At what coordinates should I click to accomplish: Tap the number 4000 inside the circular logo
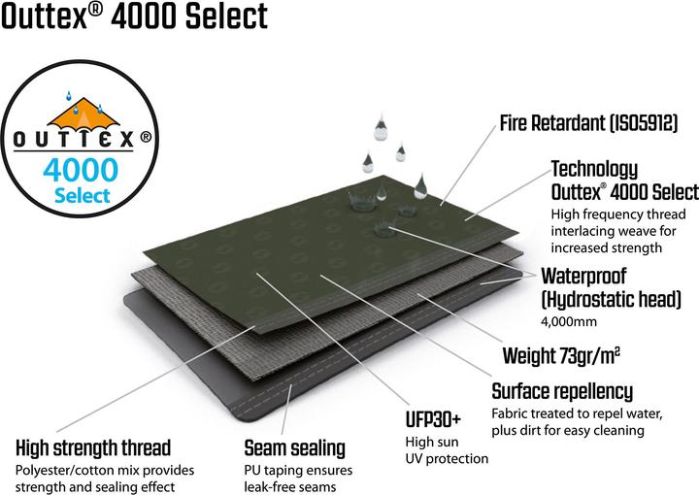click(x=81, y=169)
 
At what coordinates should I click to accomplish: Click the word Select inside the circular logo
click(x=82, y=195)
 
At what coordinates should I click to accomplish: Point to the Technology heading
click(x=594, y=169)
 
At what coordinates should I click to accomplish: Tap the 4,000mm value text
click(x=568, y=320)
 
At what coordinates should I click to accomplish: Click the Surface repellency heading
click(x=562, y=392)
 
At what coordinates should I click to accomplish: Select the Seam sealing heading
click(x=294, y=448)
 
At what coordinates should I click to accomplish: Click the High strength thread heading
click(x=93, y=448)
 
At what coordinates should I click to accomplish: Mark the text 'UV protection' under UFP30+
click(x=447, y=458)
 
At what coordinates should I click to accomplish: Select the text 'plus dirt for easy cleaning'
click(x=569, y=431)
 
